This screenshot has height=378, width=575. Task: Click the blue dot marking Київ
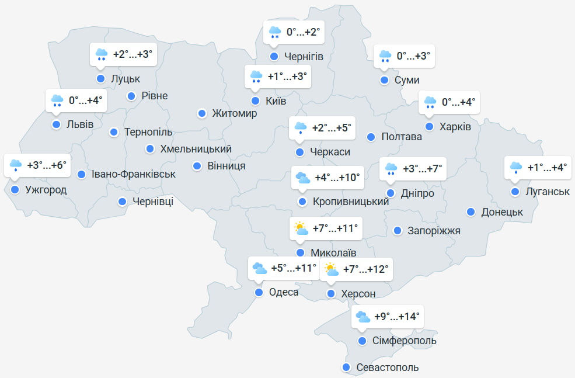(x=255, y=101)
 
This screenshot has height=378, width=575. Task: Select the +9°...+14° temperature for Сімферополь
(x=397, y=317)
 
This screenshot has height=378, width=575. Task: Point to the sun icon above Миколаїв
(x=301, y=228)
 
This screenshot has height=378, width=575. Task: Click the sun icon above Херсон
(x=331, y=269)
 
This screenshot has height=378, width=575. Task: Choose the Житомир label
(x=235, y=113)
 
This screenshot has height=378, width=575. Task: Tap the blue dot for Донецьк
(x=471, y=211)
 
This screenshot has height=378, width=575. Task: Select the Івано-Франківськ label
(x=134, y=174)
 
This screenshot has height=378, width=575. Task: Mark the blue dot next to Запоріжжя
(x=398, y=231)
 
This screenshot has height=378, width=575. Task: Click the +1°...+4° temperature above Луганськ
(x=547, y=168)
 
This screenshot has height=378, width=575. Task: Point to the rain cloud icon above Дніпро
(x=391, y=170)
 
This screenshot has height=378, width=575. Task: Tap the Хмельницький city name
(x=196, y=149)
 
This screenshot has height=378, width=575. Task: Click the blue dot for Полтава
(x=371, y=137)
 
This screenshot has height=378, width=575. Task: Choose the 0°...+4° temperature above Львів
(x=85, y=100)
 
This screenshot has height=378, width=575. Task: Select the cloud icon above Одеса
(x=259, y=269)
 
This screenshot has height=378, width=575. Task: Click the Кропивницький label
(x=351, y=202)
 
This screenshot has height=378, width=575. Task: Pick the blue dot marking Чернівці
(x=123, y=202)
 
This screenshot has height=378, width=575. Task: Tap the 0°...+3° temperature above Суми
(x=413, y=56)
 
